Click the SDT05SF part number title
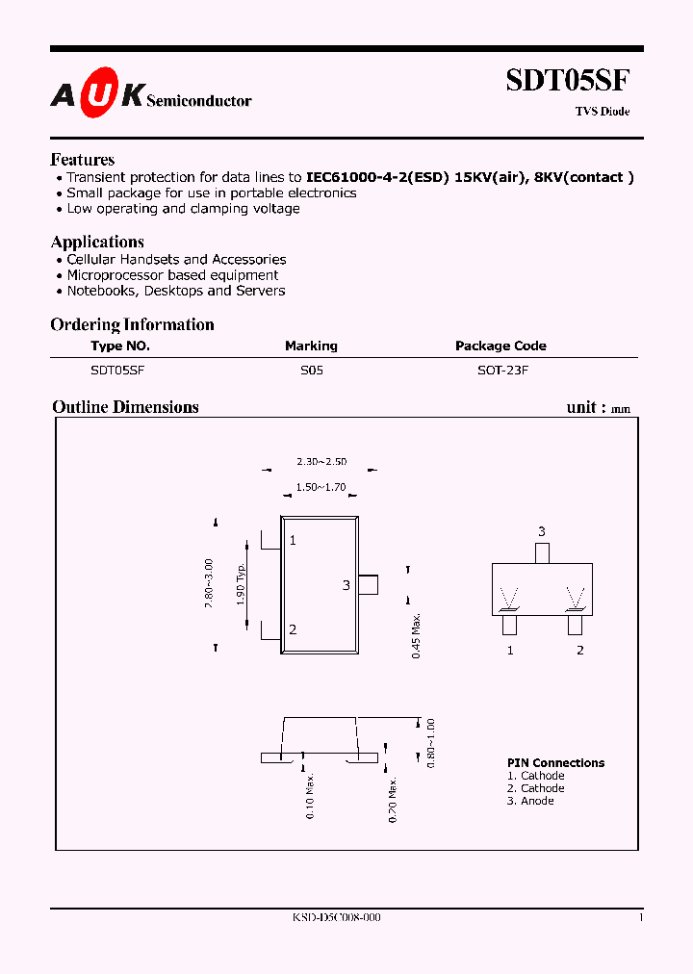[568, 81]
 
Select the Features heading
[82, 160]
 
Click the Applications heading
[97, 242]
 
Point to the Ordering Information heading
[132, 324]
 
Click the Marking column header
[311, 346]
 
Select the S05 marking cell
[311, 369]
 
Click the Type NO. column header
[120, 346]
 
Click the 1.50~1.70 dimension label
[321, 489]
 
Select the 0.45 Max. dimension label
[417, 636]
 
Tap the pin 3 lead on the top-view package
[368, 584]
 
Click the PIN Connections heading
[555, 762]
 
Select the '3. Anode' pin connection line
[530, 801]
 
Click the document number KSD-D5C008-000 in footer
[336, 918]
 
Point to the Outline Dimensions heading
[125, 407]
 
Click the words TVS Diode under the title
[603, 112]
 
